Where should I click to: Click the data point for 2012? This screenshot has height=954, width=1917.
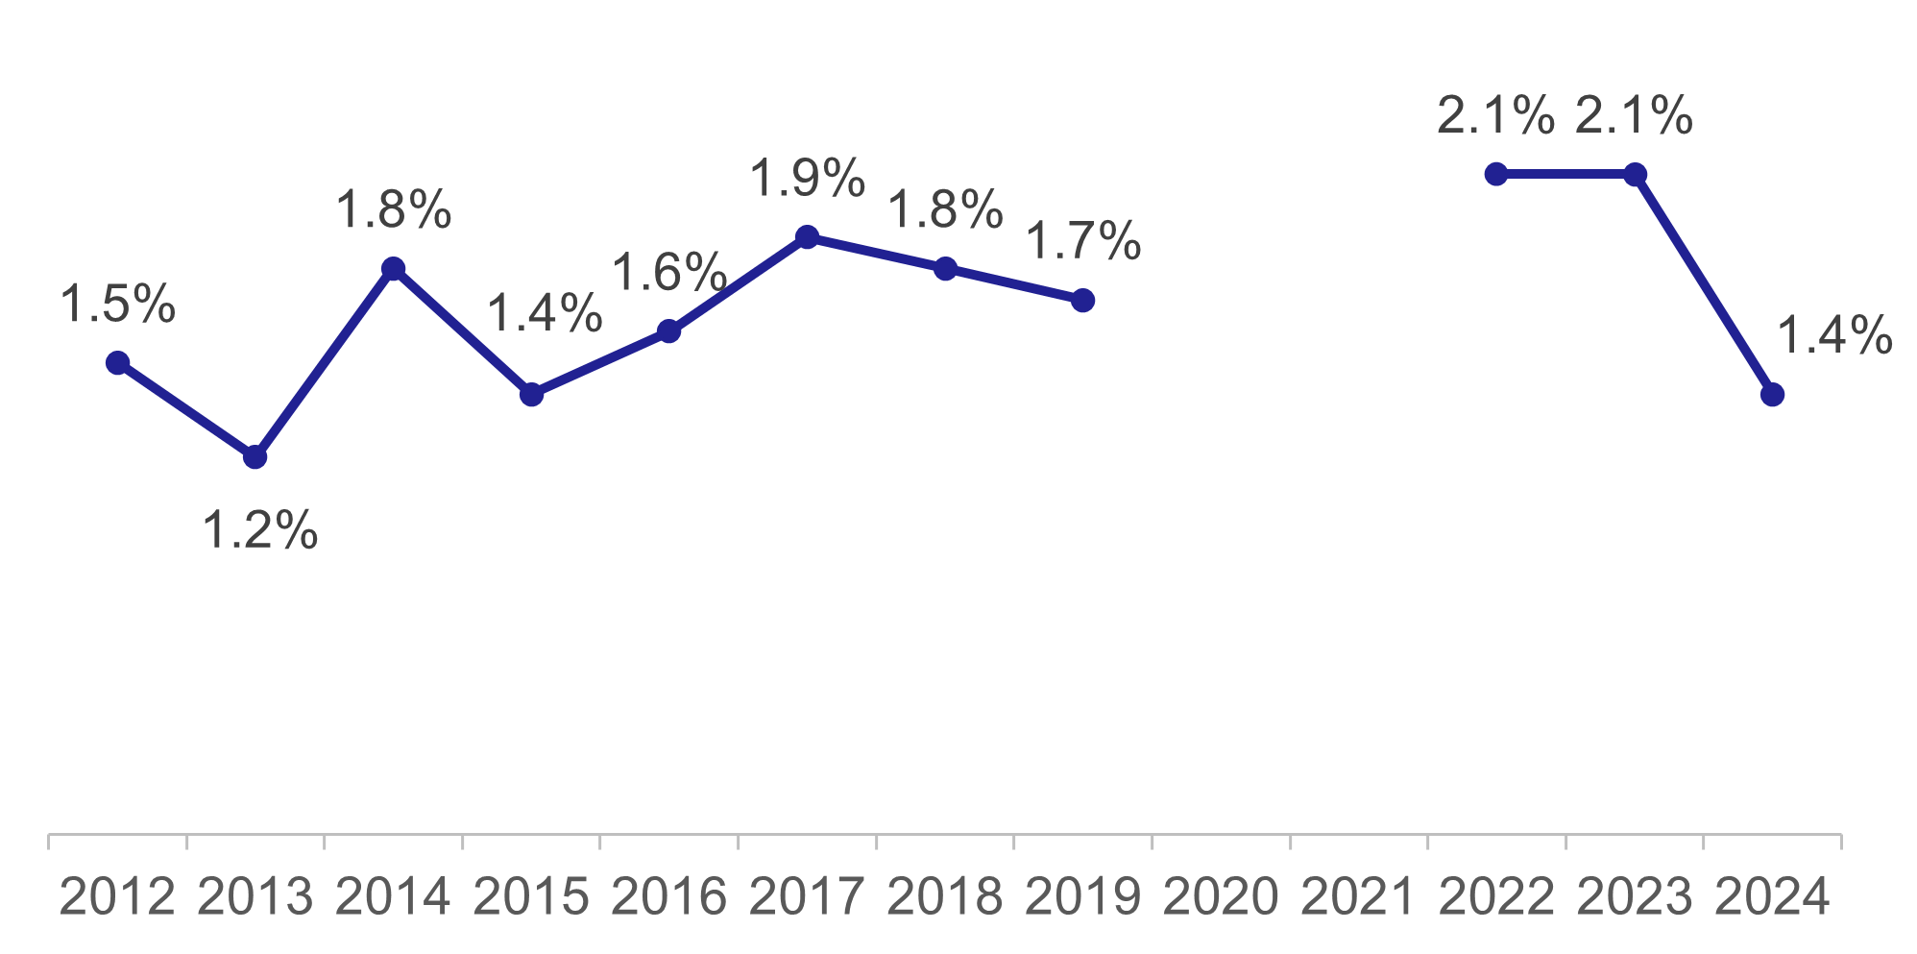(117, 363)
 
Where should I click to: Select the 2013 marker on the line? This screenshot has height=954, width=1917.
(255, 457)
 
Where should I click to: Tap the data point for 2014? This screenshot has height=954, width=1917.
(393, 269)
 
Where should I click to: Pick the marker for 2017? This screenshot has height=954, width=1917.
(807, 237)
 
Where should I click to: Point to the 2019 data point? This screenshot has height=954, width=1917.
(1082, 301)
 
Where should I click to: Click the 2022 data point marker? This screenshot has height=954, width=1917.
(1496, 174)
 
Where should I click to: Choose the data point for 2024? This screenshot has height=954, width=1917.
(1772, 395)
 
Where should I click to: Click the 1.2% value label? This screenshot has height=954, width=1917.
(259, 530)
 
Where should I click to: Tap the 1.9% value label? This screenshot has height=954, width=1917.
(807, 179)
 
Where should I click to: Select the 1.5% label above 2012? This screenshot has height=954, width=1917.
(117, 305)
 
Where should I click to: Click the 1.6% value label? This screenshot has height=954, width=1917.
(668, 273)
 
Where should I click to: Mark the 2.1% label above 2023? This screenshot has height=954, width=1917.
(1634, 116)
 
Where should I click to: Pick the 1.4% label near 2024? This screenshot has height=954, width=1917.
(1833, 336)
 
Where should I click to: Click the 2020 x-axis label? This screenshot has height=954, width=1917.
(1221, 897)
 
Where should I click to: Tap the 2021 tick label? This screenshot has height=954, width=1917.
(1358, 897)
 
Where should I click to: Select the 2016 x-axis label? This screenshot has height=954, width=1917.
(668, 897)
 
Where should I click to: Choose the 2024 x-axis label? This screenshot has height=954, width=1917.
(1772, 897)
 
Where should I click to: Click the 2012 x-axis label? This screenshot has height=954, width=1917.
(117, 897)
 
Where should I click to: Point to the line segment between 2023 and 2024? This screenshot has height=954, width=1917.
(1703, 284)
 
